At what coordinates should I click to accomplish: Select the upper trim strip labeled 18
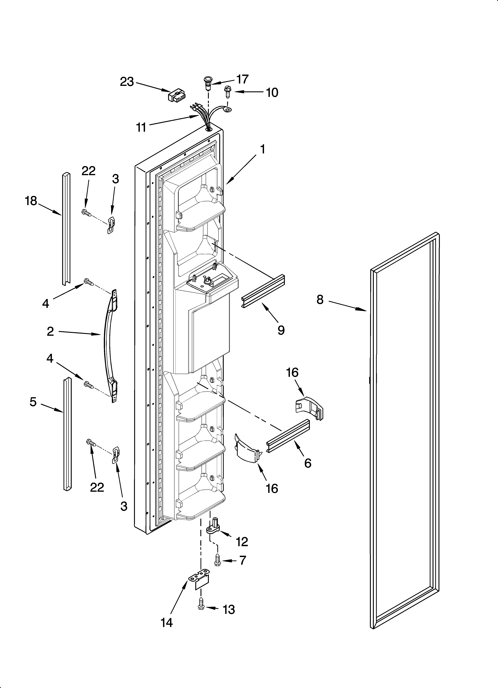point(66,229)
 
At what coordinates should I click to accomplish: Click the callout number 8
point(320,300)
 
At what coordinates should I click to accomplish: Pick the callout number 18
point(31,201)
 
